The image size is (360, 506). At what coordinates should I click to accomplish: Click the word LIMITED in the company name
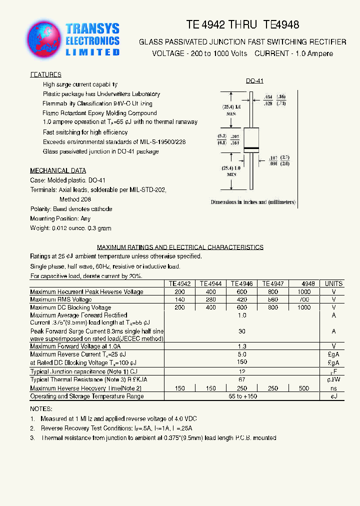(93, 52)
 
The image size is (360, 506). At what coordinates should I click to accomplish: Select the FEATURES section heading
(45, 74)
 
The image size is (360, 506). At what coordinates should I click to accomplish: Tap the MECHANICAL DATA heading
(58, 170)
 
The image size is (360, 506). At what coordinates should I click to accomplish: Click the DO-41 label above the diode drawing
(254, 81)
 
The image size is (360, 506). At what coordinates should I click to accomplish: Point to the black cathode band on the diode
(251, 148)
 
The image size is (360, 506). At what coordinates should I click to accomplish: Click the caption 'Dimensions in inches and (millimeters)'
(253, 202)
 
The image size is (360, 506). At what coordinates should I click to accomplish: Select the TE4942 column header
(179, 283)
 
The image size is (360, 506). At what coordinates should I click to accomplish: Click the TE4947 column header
(272, 283)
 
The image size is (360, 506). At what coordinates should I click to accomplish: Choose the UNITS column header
(333, 283)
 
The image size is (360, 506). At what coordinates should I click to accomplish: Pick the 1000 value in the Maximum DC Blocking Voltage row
(303, 307)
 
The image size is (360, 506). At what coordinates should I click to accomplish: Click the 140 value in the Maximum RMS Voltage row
(179, 299)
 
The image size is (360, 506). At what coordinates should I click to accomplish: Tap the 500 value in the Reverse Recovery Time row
(303, 388)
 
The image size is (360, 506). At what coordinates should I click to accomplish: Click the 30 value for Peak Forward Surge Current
(242, 331)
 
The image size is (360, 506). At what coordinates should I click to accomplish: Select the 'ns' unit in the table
(333, 388)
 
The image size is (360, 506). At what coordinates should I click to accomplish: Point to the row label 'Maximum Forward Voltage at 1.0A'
(75, 346)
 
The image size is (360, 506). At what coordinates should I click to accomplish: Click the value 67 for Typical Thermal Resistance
(242, 380)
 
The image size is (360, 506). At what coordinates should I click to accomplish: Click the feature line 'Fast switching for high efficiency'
(85, 132)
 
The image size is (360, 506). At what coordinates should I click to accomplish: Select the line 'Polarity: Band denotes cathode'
(71, 209)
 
